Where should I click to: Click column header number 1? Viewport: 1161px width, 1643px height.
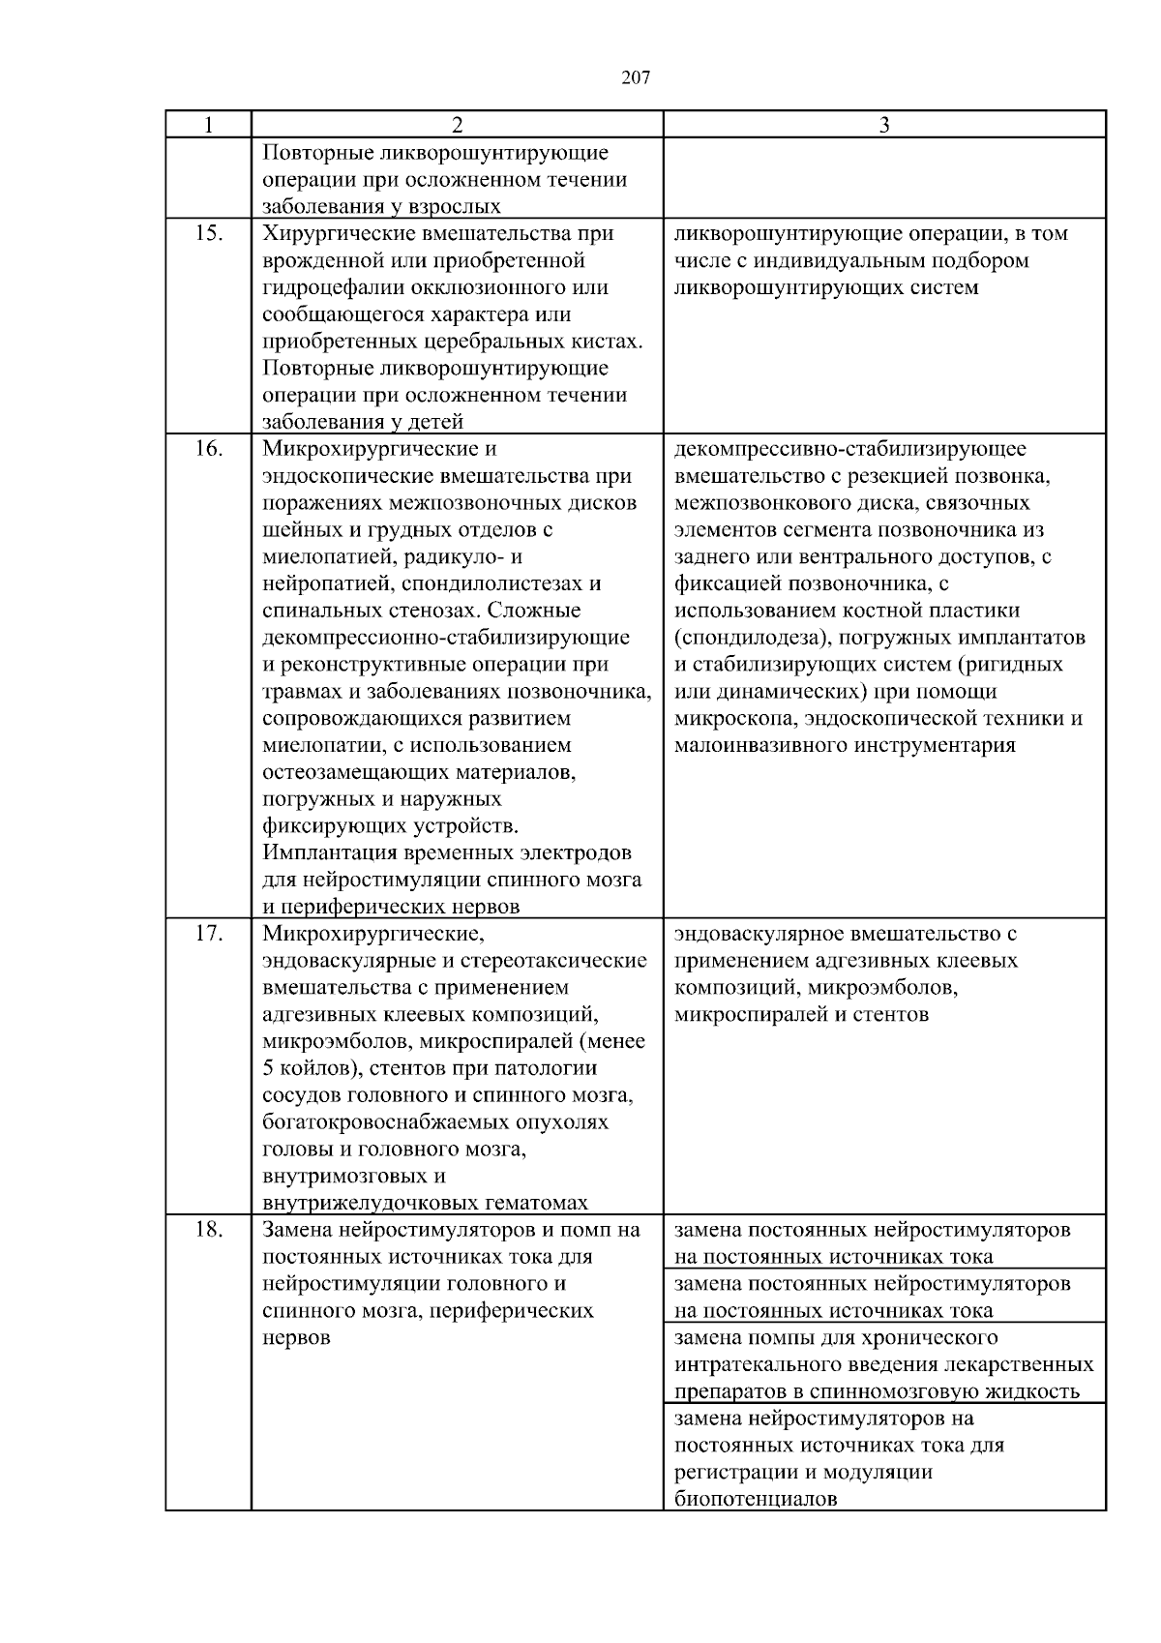[x=208, y=125]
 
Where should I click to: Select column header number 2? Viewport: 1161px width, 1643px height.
[x=457, y=125]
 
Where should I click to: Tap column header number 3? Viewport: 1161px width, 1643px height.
[x=884, y=125]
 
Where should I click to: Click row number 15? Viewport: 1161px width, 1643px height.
[x=208, y=234]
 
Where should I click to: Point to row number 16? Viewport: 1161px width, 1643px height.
[x=208, y=449]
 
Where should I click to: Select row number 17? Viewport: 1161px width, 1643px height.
[x=208, y=935]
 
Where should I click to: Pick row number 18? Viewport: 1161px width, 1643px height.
[x=208, y=1231]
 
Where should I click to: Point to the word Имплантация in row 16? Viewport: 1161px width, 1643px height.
[x=324, y=854]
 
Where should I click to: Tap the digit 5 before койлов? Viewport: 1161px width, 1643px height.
[x=268, y=1069]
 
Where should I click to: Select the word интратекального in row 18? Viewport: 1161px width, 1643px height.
[x=755, y=1365]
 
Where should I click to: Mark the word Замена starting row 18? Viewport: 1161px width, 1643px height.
[x=296, y=1231]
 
